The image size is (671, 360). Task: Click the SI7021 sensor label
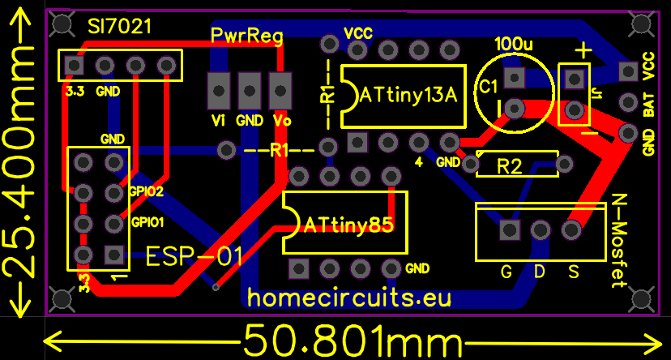click(119, 27)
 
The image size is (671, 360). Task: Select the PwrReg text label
click(246, 36)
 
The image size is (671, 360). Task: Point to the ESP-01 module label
click(194, 258)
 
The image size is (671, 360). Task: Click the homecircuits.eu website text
click(348, 298)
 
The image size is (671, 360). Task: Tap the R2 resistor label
click(510, 167)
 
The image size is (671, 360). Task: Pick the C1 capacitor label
click(488, 87)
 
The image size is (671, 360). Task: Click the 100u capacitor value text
click(514, 43)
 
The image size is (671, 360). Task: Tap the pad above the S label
click(571, 230)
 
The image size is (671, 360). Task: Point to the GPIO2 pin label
click(146, 192)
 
